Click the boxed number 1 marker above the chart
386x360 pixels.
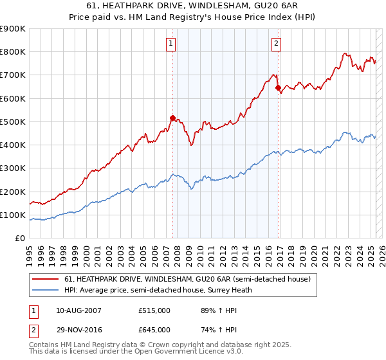(171, 44)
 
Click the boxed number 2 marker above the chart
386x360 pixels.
(276, 44)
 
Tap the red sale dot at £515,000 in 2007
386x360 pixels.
(172, 118)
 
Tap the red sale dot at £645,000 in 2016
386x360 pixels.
(278, 87)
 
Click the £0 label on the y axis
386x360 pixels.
(20, 239)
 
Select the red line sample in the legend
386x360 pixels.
(45, 279)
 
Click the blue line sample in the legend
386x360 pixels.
(45, 289)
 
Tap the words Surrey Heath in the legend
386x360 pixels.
(234, 289)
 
